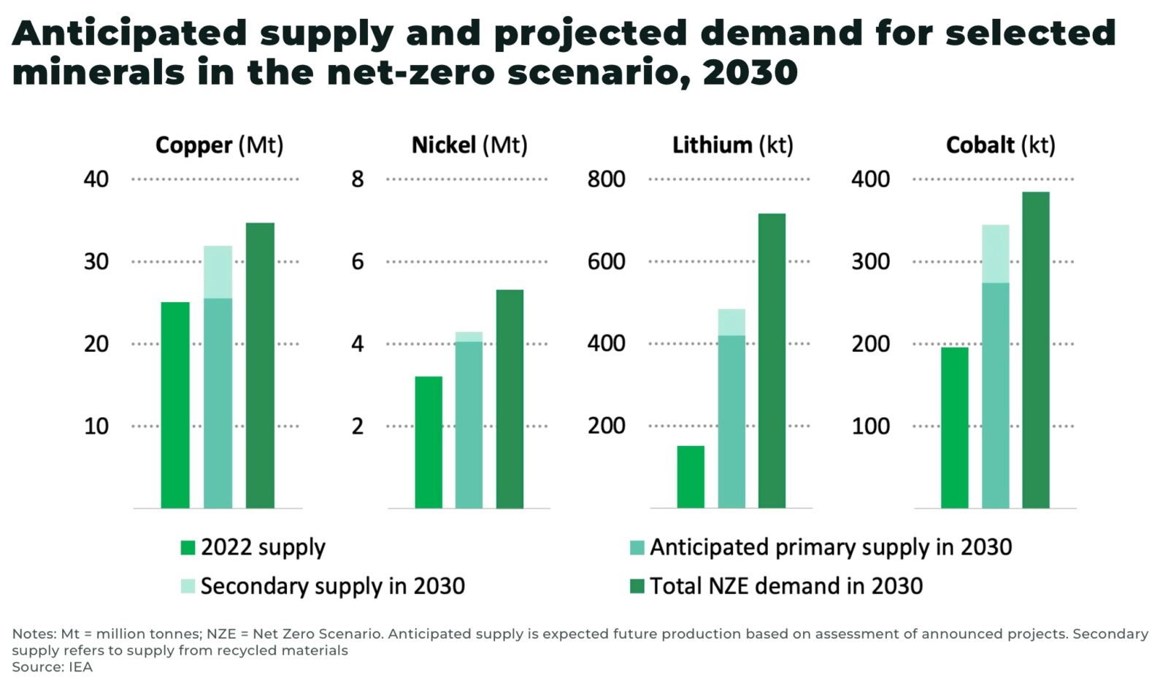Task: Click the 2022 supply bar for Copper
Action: (x=175, y=405)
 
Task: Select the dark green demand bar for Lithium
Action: (x=772, y=361)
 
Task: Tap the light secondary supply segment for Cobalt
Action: (x=995, y=253)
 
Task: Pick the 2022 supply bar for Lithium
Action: (x=691, y=476)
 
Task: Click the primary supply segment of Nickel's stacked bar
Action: (x=469, y=425)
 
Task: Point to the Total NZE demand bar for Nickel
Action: (x=510, y=398)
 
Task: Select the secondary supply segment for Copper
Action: (x=218, y=271)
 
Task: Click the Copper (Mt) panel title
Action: (x=219, y=145)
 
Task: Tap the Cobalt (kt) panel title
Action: (x=1000, y=145)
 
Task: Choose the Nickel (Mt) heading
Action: (x=469, y=145)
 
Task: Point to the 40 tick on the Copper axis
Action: (x=96, y=179)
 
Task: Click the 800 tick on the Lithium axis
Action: (x=606, y=179)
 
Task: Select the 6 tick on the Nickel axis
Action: (x=357, y=261)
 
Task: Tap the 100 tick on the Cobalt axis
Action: (x=870, y=426)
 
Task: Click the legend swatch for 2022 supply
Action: (x=188, y=548)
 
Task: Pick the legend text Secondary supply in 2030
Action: (x=332, y=586)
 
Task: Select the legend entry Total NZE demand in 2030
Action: (x=785, y=586)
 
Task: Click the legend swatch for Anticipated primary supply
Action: (x=637, y=548)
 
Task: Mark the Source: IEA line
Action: (x=52, y=667)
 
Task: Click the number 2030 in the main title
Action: (x=750, y=72)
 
